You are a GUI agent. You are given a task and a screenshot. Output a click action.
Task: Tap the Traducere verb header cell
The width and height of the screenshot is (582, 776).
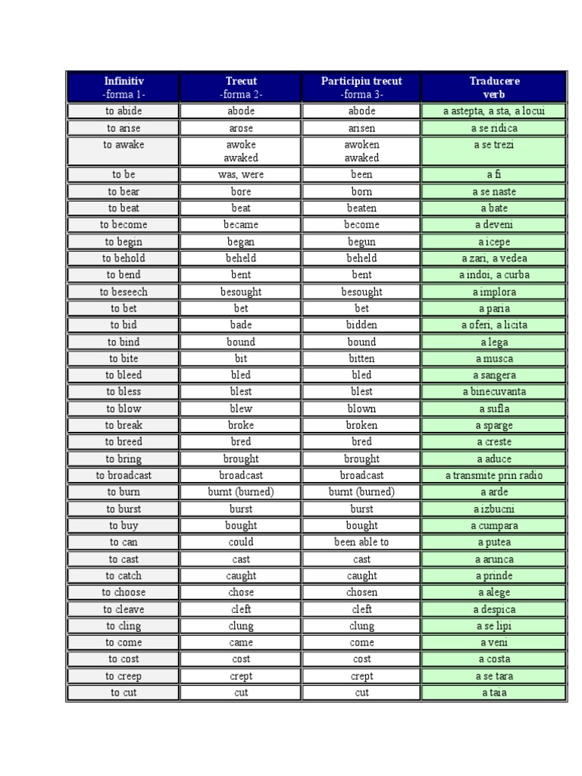(494, 87)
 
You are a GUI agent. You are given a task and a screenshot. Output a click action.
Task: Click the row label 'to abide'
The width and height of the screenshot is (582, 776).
(124, 111)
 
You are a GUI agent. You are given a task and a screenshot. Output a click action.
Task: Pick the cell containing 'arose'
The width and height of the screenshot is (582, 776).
(241, 128)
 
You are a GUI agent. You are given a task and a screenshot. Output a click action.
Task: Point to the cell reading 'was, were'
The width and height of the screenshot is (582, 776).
(241, 174)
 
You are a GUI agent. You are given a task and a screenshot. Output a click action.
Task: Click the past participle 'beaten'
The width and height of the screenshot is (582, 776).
(361, 208)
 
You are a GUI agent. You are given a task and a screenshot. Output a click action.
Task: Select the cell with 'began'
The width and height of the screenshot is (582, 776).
(241, 242)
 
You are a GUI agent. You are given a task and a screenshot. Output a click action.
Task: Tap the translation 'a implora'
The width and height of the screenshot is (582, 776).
(494, 292)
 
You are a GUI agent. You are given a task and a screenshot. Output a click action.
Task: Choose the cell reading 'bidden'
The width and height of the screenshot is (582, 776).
(361, 325)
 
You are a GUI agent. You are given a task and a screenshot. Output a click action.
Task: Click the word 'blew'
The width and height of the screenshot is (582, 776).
(241, 408)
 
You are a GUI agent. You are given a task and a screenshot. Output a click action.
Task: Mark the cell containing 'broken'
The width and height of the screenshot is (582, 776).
(361, 425)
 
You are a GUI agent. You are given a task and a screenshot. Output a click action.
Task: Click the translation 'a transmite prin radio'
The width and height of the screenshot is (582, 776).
(494, 475)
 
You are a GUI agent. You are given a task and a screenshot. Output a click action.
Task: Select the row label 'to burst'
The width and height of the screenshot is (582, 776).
(124, 509)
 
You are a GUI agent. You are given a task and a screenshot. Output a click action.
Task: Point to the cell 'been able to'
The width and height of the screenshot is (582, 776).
(361, 542)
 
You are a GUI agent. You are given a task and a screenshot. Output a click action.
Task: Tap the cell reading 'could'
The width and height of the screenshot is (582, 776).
(241, 542)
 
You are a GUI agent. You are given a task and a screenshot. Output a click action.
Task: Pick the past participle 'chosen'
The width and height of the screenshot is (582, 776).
(361, 592)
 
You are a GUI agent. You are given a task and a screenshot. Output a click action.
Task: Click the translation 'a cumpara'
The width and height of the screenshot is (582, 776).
(494, 525)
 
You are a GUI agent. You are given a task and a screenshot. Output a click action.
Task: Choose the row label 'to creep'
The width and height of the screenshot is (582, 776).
(124, 676)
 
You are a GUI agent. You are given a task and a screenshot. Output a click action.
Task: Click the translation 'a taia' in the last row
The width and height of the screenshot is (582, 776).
(494, 692)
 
